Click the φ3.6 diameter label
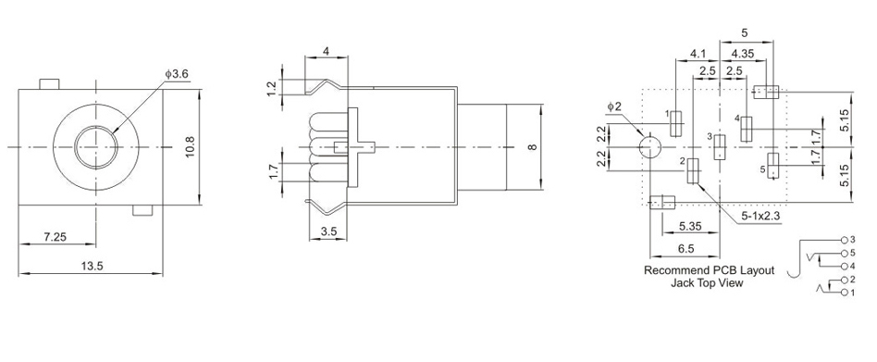click(x=176, y=74)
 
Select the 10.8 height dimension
click(x=191, y=148)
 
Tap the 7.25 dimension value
click(x=56, y=237)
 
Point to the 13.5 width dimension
click(x=92, y=267)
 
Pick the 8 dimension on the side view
click(x=533, y=147)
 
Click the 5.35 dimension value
click(x=690, y=226)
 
